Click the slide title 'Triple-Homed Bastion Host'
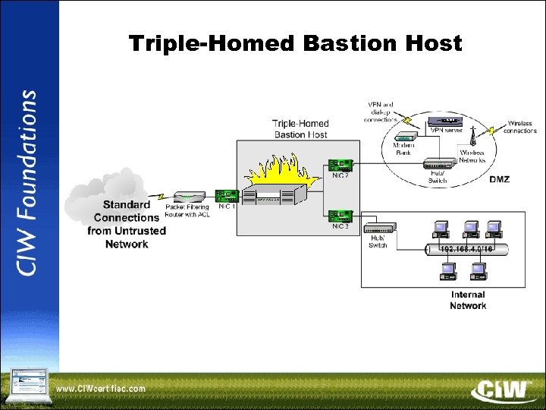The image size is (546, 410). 295,44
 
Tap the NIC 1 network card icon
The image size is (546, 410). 227,196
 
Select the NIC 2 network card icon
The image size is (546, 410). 340,164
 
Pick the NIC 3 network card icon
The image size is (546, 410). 340,216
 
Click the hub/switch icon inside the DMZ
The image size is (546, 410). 438,163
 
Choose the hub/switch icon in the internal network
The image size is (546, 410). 378,227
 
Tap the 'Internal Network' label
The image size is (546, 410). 468,300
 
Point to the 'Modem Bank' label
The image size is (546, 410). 403,148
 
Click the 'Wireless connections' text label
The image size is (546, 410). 519,127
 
